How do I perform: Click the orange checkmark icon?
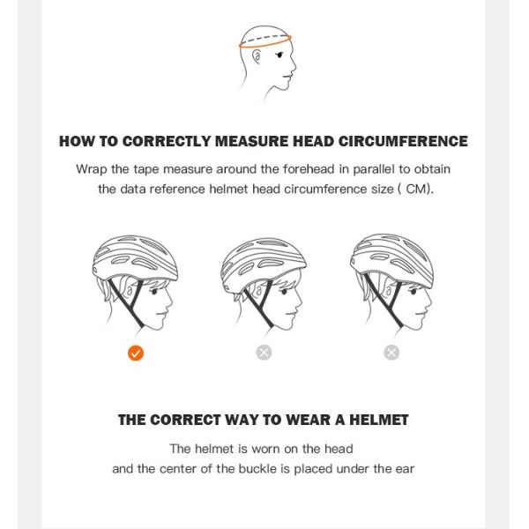click(x=135, y=353)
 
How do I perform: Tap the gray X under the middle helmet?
click(x=264, y=353)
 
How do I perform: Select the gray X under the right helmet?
click(x=391, y=353)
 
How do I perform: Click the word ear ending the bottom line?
click(x=404, y=468)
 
